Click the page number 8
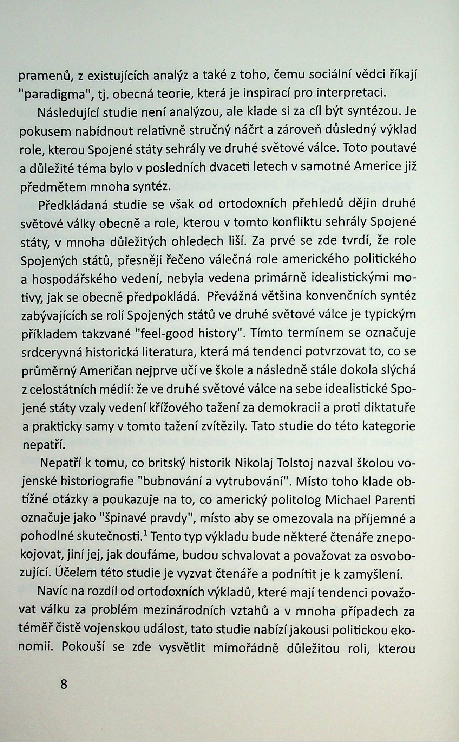(64, 695)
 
